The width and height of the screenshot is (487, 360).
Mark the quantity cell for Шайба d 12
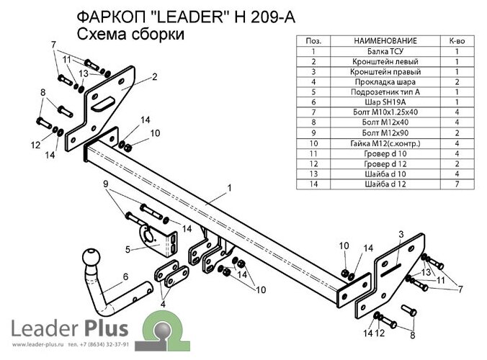[457, 184]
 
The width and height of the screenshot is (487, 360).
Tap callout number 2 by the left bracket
[154, 76]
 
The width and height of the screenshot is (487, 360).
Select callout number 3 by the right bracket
[401, 235]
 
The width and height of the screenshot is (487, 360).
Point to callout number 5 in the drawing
[128, 250]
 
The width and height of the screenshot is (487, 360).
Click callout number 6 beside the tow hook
[125, 276]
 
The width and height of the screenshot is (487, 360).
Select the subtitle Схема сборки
[130, 35]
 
